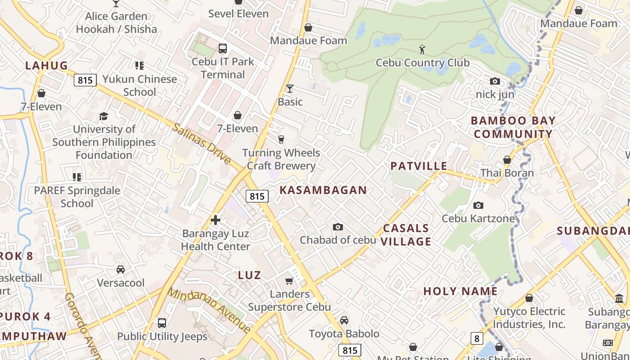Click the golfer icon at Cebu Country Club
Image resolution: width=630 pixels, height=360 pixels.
tap(422, 49)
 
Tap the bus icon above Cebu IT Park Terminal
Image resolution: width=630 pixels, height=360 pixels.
tap(222, 49)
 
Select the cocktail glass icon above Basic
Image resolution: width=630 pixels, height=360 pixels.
tap(290, 89)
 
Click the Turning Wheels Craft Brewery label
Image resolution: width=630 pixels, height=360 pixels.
tap(281, 159)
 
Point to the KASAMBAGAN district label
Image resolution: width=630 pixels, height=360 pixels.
tap(323, 190)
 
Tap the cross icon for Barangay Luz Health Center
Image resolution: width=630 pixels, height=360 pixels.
tap(216, 220)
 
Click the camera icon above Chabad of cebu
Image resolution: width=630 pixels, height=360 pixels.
tap(337, 227)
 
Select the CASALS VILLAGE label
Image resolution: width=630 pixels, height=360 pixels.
tap(406, 235)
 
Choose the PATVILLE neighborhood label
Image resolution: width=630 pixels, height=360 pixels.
tap(419, 166)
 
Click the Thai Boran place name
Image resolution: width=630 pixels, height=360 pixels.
tap(507, 173)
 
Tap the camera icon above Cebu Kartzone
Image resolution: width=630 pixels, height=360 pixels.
tap(478, 206)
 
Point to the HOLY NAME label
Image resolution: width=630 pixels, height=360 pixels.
tap(460, 291)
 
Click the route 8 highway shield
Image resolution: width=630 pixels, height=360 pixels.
tap(477, 338)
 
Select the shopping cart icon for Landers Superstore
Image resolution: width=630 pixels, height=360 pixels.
tap(289, 281)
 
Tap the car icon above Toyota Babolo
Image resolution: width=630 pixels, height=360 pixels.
tap(344, 320)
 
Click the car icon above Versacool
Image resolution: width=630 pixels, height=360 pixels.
tap(121, 270)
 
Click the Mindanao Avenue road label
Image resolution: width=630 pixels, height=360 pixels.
tap(209, 310)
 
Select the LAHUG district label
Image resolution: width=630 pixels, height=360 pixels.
tap(46, 66)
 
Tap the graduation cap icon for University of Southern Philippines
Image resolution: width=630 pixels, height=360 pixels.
tap(103, 116)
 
